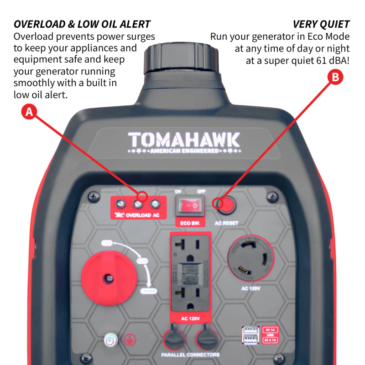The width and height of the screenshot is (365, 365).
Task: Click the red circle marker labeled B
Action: point(335,77)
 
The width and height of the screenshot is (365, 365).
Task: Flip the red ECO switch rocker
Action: point(190,206)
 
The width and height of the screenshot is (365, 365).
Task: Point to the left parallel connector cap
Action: point(175,339)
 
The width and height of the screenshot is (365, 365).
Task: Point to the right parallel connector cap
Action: point(206,339)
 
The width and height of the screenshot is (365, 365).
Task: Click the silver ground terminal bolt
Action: point(109,340)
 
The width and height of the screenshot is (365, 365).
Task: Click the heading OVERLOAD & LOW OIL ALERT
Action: point(82,24)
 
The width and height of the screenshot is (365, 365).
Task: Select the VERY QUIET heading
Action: point(321,24)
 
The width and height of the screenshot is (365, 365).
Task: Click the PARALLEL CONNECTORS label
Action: point(190,355)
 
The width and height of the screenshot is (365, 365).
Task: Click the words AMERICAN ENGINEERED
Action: point(184,151)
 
